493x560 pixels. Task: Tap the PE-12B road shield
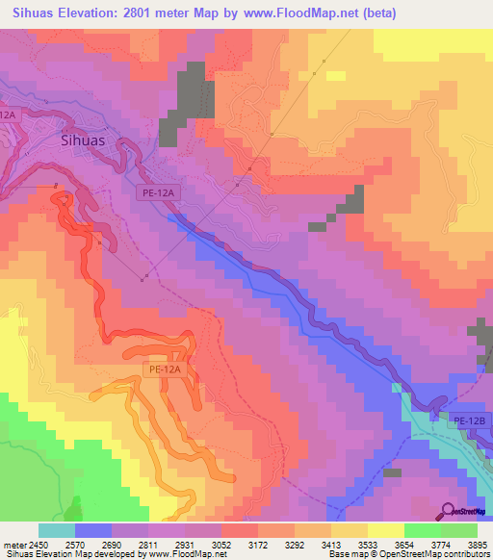(x=472, y=420)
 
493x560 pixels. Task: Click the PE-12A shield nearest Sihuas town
(x=157, y=193)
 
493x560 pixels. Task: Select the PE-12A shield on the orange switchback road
(x=166, y=368)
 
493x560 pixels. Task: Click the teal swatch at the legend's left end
(x=56, y=530)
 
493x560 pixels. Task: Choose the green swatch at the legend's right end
(x=458, y=530)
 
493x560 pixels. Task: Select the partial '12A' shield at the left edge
(x=8, y=114)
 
